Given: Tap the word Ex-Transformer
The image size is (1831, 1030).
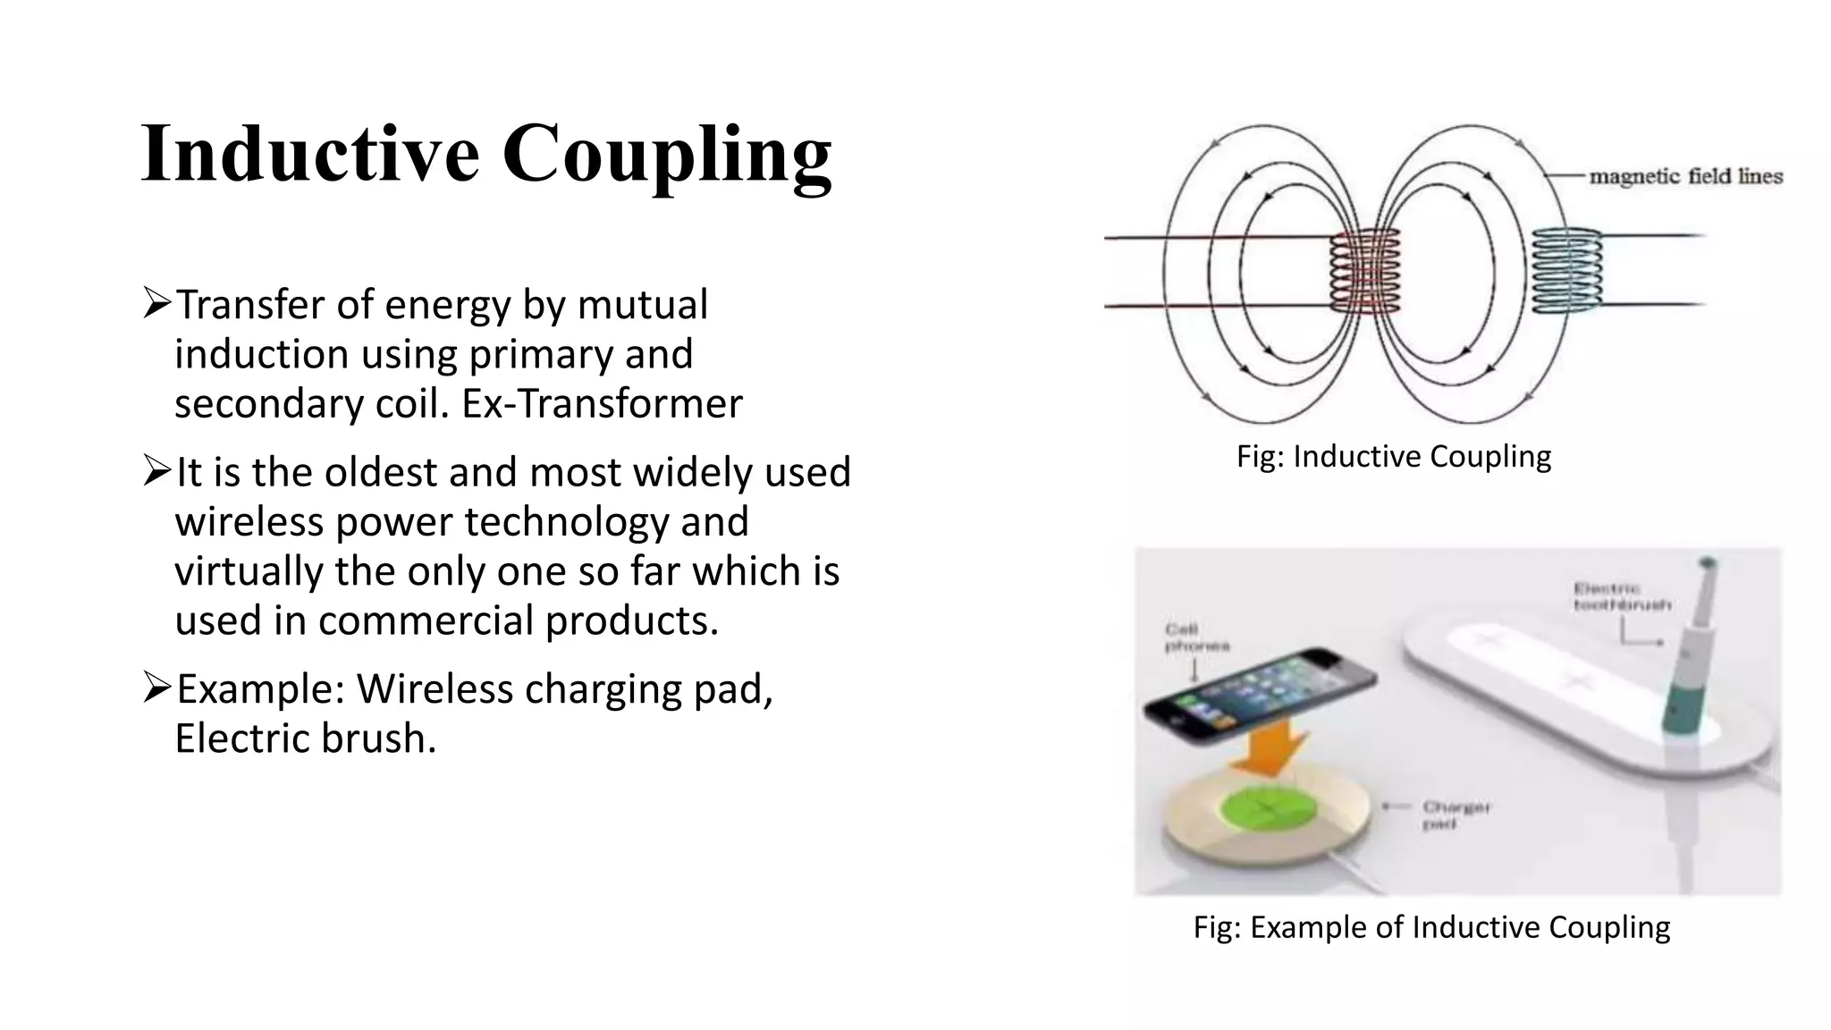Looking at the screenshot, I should [x=602, y=403].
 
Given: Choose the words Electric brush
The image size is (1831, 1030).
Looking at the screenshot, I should [x=305, y=739].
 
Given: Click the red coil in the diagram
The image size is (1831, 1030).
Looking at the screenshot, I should [x=1365, y=272].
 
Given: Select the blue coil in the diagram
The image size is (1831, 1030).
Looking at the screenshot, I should [x=1566, y=271].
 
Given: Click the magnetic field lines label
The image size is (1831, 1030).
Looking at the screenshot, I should [x=1685, y=176].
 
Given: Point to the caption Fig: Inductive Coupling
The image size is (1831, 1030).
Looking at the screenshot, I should [x=1393, y=456].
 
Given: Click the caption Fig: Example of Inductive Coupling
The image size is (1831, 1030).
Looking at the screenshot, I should [x=1431, y=927].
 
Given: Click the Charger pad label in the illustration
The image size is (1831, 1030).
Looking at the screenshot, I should [x=1456, y=815].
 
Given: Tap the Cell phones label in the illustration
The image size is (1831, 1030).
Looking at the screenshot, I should [x=1196, y=637].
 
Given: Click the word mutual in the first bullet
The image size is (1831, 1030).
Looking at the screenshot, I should [x=642, y=304].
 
